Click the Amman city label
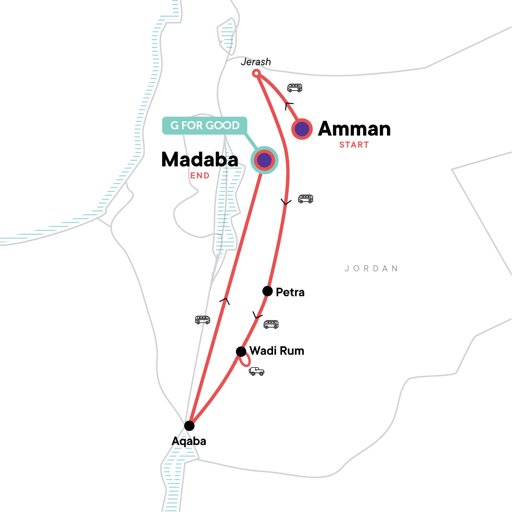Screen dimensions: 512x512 point(354,129)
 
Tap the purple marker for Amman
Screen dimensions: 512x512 point(302,128)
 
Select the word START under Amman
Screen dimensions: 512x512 point(354,145)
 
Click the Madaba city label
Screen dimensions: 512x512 point(200,160)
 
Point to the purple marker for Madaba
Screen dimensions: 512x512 point(264,160)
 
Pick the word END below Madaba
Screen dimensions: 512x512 point(200,175)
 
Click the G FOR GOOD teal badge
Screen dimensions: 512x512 point(205,125)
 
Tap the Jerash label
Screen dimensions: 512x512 point(256,62)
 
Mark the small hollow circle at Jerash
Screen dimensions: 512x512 point(256,73)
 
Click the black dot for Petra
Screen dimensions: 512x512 point(268,291)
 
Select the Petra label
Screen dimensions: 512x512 point(290,292)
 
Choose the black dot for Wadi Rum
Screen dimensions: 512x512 point(241,352)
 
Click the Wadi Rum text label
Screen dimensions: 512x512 point(276,351)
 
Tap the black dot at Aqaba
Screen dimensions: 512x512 point(189,426)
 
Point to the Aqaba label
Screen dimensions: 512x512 point(189,441)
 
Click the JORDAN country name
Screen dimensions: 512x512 point(371,269)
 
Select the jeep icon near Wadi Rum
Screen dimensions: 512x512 point(256,371)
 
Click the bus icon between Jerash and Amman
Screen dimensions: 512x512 point(294,88)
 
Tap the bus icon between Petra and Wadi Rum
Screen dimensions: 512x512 point(271,324)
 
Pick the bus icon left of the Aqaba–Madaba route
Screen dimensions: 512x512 point(203,320)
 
